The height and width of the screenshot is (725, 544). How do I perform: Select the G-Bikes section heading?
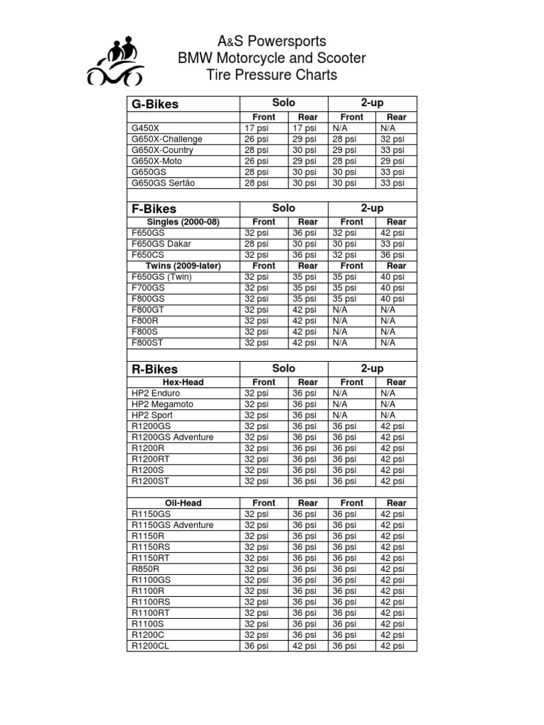(x=155, y=104)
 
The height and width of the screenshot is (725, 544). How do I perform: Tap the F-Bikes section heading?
(x=154, y=209)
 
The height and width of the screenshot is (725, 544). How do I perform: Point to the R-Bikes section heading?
(x=154, y=369)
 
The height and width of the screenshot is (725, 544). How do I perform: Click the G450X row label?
(x=146, y=128)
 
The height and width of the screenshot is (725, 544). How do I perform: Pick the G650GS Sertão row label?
(x=164, y=183)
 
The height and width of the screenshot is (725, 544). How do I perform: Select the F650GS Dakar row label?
(x=161, y=244)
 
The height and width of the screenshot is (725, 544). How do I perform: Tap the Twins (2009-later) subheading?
(x=183, y=266)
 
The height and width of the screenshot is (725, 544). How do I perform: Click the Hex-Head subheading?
(x=183, y=382)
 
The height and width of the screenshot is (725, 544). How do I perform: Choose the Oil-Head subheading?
(x=183, y=503)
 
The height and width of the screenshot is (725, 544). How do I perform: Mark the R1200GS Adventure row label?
(x=172, y=437)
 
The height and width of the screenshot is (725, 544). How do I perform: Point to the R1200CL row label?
(x=150, y=646)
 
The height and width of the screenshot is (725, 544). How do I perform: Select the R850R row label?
(x=146, y=569)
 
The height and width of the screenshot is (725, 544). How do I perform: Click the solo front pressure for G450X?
(x=256, y=128)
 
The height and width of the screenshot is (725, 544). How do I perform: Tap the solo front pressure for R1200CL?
(x=256, y=646)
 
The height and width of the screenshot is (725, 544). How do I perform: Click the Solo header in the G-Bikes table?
(x=284, y=103)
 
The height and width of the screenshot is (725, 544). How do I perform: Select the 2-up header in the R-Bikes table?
(x=372, y=369)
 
